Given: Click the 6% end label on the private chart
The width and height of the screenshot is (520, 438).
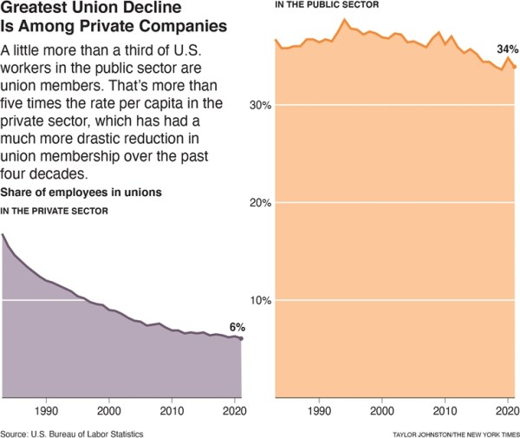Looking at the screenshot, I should click(237, 327).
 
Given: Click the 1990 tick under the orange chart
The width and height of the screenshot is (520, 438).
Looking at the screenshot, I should click(320, 408).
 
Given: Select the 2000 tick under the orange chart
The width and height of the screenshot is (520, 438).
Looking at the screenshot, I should click(382, 408).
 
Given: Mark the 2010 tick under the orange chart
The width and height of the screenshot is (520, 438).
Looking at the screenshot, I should click(445, 408).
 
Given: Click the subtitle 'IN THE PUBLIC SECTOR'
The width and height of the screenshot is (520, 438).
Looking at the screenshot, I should click(327, 5).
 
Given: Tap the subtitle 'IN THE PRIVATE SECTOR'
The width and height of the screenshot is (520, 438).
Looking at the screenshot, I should click(55, 211).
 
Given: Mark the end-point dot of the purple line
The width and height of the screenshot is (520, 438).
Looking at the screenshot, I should click(242, 338).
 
